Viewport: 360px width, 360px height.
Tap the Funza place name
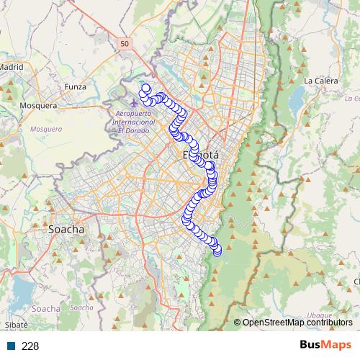[x=75, y=87]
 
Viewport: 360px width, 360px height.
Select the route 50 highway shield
[x=125, y=44]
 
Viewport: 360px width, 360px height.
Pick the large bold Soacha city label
[x=66, y=230]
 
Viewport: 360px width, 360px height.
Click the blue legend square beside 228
[x=9, y=346]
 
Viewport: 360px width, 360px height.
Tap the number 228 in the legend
[x=30, y=346]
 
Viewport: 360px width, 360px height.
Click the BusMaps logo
[x=325, y=346]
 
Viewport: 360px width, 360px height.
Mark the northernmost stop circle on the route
[x=145, y=89]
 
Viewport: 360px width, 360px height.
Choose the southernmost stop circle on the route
[x=217, y=251]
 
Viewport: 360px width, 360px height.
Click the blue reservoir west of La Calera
[x=295, y=104]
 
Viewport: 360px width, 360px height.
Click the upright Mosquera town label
[x=39, y=105]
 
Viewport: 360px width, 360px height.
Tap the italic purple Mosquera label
[x=46, y=129]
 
